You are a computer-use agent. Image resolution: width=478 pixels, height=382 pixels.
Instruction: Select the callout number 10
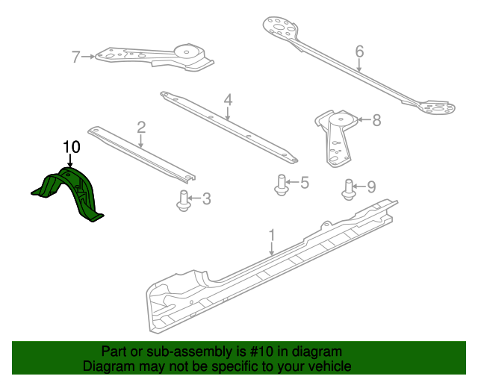(72, 147)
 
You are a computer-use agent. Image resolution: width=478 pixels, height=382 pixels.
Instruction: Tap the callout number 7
(76, 57)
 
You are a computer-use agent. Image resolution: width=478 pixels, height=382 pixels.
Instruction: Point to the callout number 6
(359, 51)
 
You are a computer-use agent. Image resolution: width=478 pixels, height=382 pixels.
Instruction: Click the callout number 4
(228, 100)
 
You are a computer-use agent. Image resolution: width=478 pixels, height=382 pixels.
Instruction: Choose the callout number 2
(141, 128)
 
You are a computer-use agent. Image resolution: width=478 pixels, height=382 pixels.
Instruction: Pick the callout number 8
(376, 120)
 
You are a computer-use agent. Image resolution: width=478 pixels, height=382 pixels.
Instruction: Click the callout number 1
(272, 236)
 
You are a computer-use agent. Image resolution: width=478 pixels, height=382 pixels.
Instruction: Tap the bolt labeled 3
(184, 201)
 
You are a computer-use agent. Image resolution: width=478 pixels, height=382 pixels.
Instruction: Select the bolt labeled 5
(282, 185)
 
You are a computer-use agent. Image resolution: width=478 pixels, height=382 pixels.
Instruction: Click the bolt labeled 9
(349, 190)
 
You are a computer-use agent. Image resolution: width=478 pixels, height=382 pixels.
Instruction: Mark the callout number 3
(207, 198)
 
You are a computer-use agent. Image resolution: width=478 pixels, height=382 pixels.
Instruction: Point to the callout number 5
(305, 183)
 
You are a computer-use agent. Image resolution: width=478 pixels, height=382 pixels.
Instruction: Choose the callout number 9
(371, 187)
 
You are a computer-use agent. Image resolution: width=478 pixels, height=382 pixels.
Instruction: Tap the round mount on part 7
(187, 51)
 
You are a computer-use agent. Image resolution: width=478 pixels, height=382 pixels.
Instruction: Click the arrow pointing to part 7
(88, 57)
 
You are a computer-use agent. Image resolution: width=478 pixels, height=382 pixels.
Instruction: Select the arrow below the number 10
(70, 160)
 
